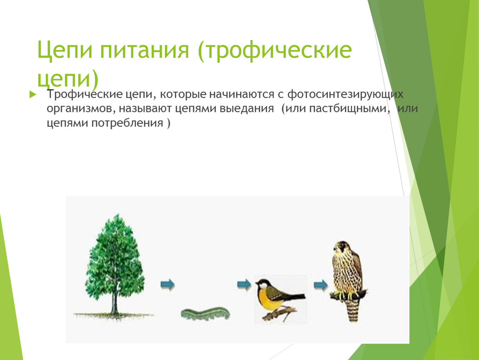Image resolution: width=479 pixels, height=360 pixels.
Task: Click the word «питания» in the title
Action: point(145,50)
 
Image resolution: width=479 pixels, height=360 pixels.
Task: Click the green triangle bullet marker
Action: point(32,95)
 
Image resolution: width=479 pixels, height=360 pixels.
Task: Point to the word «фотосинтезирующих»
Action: point(345,95)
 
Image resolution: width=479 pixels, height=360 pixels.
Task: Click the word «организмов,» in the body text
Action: point(81,109)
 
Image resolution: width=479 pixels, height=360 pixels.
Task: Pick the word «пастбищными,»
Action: point(350,108)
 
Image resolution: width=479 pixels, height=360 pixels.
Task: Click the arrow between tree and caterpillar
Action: point(167,285)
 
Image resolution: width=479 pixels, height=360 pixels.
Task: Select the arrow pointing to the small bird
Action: point(244,285)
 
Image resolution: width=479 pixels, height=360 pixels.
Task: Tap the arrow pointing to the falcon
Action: point(320,285)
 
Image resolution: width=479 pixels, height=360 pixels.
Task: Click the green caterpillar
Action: point(205,314)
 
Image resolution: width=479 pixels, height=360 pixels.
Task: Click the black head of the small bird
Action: point(262,284)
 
